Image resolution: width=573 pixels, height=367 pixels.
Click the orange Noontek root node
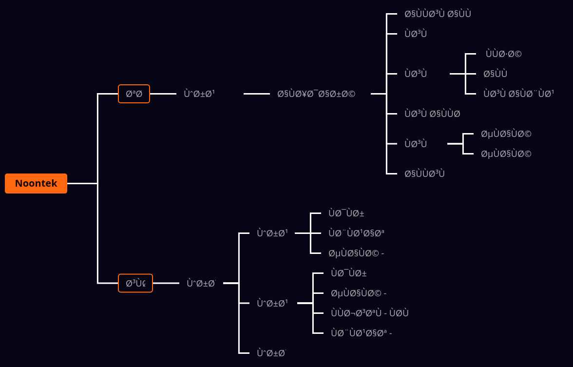[x=36, y=184]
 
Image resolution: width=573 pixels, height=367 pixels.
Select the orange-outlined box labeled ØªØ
[x=134, y=94]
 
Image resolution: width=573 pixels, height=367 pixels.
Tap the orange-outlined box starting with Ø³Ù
[x=135, y=283]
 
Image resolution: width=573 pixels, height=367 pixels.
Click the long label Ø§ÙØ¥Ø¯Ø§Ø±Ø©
[x=316, y=94]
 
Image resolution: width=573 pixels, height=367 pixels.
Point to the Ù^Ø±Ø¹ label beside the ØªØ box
[x=199, y=94]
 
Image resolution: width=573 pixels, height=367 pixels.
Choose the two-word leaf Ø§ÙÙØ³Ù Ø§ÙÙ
[x=438, y=14]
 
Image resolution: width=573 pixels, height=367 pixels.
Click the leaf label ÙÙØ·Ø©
[x=503, y=54]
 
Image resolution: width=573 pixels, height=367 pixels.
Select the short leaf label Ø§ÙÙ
[x=495, y=74]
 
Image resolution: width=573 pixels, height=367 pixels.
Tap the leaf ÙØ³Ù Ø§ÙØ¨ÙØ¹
[x=518, y=94]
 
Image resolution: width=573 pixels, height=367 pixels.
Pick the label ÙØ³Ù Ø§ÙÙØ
[x=432, y=114]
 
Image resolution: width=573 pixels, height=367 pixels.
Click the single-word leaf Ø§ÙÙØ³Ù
[x=424, y=174]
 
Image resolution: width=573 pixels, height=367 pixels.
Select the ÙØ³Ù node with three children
[x=416, y=74]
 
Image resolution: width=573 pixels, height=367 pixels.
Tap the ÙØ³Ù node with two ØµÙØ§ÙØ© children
[x=416, y=144]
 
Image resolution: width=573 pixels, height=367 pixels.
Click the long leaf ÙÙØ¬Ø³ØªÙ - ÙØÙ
[x=369, y=313]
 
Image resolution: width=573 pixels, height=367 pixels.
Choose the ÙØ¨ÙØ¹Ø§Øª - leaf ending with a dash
[x=361, y=333]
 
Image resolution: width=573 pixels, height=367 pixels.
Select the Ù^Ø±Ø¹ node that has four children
[x=272, y=303]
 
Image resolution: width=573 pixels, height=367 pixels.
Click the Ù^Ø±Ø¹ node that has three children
[x=272, y=233]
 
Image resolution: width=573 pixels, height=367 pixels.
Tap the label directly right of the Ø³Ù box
[x=201, y=283]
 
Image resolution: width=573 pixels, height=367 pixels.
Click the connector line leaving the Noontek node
[x=82, y=184]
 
